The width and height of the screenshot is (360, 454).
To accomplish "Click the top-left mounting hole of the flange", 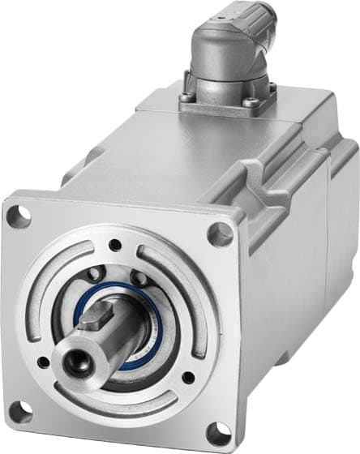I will [23, 216].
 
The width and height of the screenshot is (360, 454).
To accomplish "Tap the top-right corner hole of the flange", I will [220, 234].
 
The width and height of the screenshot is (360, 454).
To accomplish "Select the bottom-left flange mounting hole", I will [19, 412].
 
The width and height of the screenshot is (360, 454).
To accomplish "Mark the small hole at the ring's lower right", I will [187, 377].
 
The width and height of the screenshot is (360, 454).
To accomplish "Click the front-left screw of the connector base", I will [189, 99].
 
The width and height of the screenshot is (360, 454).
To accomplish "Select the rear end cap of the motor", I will [341, 235].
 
